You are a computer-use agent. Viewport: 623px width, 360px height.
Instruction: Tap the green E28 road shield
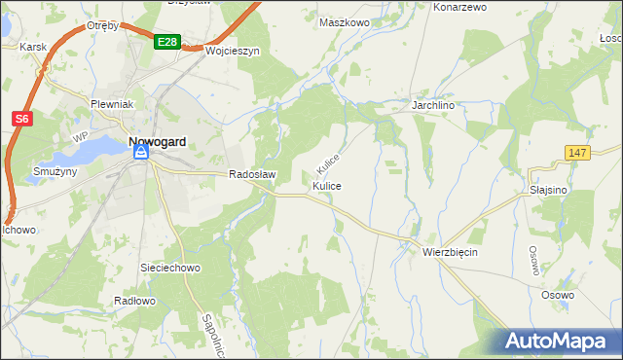tap(166, 42)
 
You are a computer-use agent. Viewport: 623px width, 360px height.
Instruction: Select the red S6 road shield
tap(22, 119)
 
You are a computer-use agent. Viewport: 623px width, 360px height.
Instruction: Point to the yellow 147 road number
tap(577, 154)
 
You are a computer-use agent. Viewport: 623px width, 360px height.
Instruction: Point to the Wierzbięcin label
tap(451, 251)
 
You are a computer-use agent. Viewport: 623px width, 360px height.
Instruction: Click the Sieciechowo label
tap(170, 267)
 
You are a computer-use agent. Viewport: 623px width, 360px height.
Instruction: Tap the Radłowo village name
tap(134, 301)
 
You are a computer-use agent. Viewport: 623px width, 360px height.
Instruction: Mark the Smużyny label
tap(37, 170)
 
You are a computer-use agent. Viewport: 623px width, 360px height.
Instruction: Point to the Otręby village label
tap(102, 25)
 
